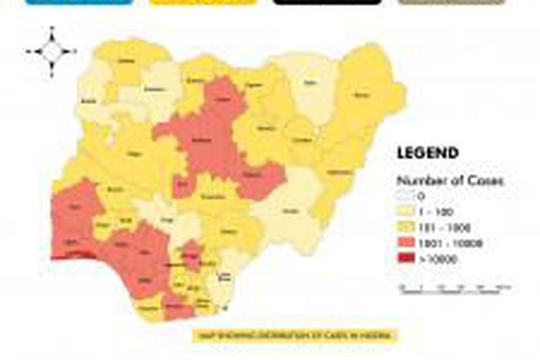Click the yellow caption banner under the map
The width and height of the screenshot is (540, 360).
(x=296, y=335)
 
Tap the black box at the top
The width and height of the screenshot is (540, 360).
(x=327, y=2)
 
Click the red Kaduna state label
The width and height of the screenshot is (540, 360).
(x=203, y=143)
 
